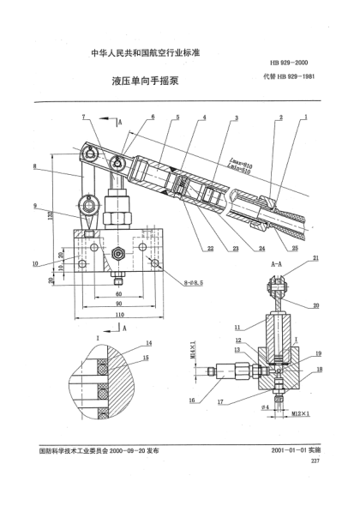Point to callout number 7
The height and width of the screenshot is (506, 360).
point(84,116)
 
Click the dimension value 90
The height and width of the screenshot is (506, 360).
point(119,304)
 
